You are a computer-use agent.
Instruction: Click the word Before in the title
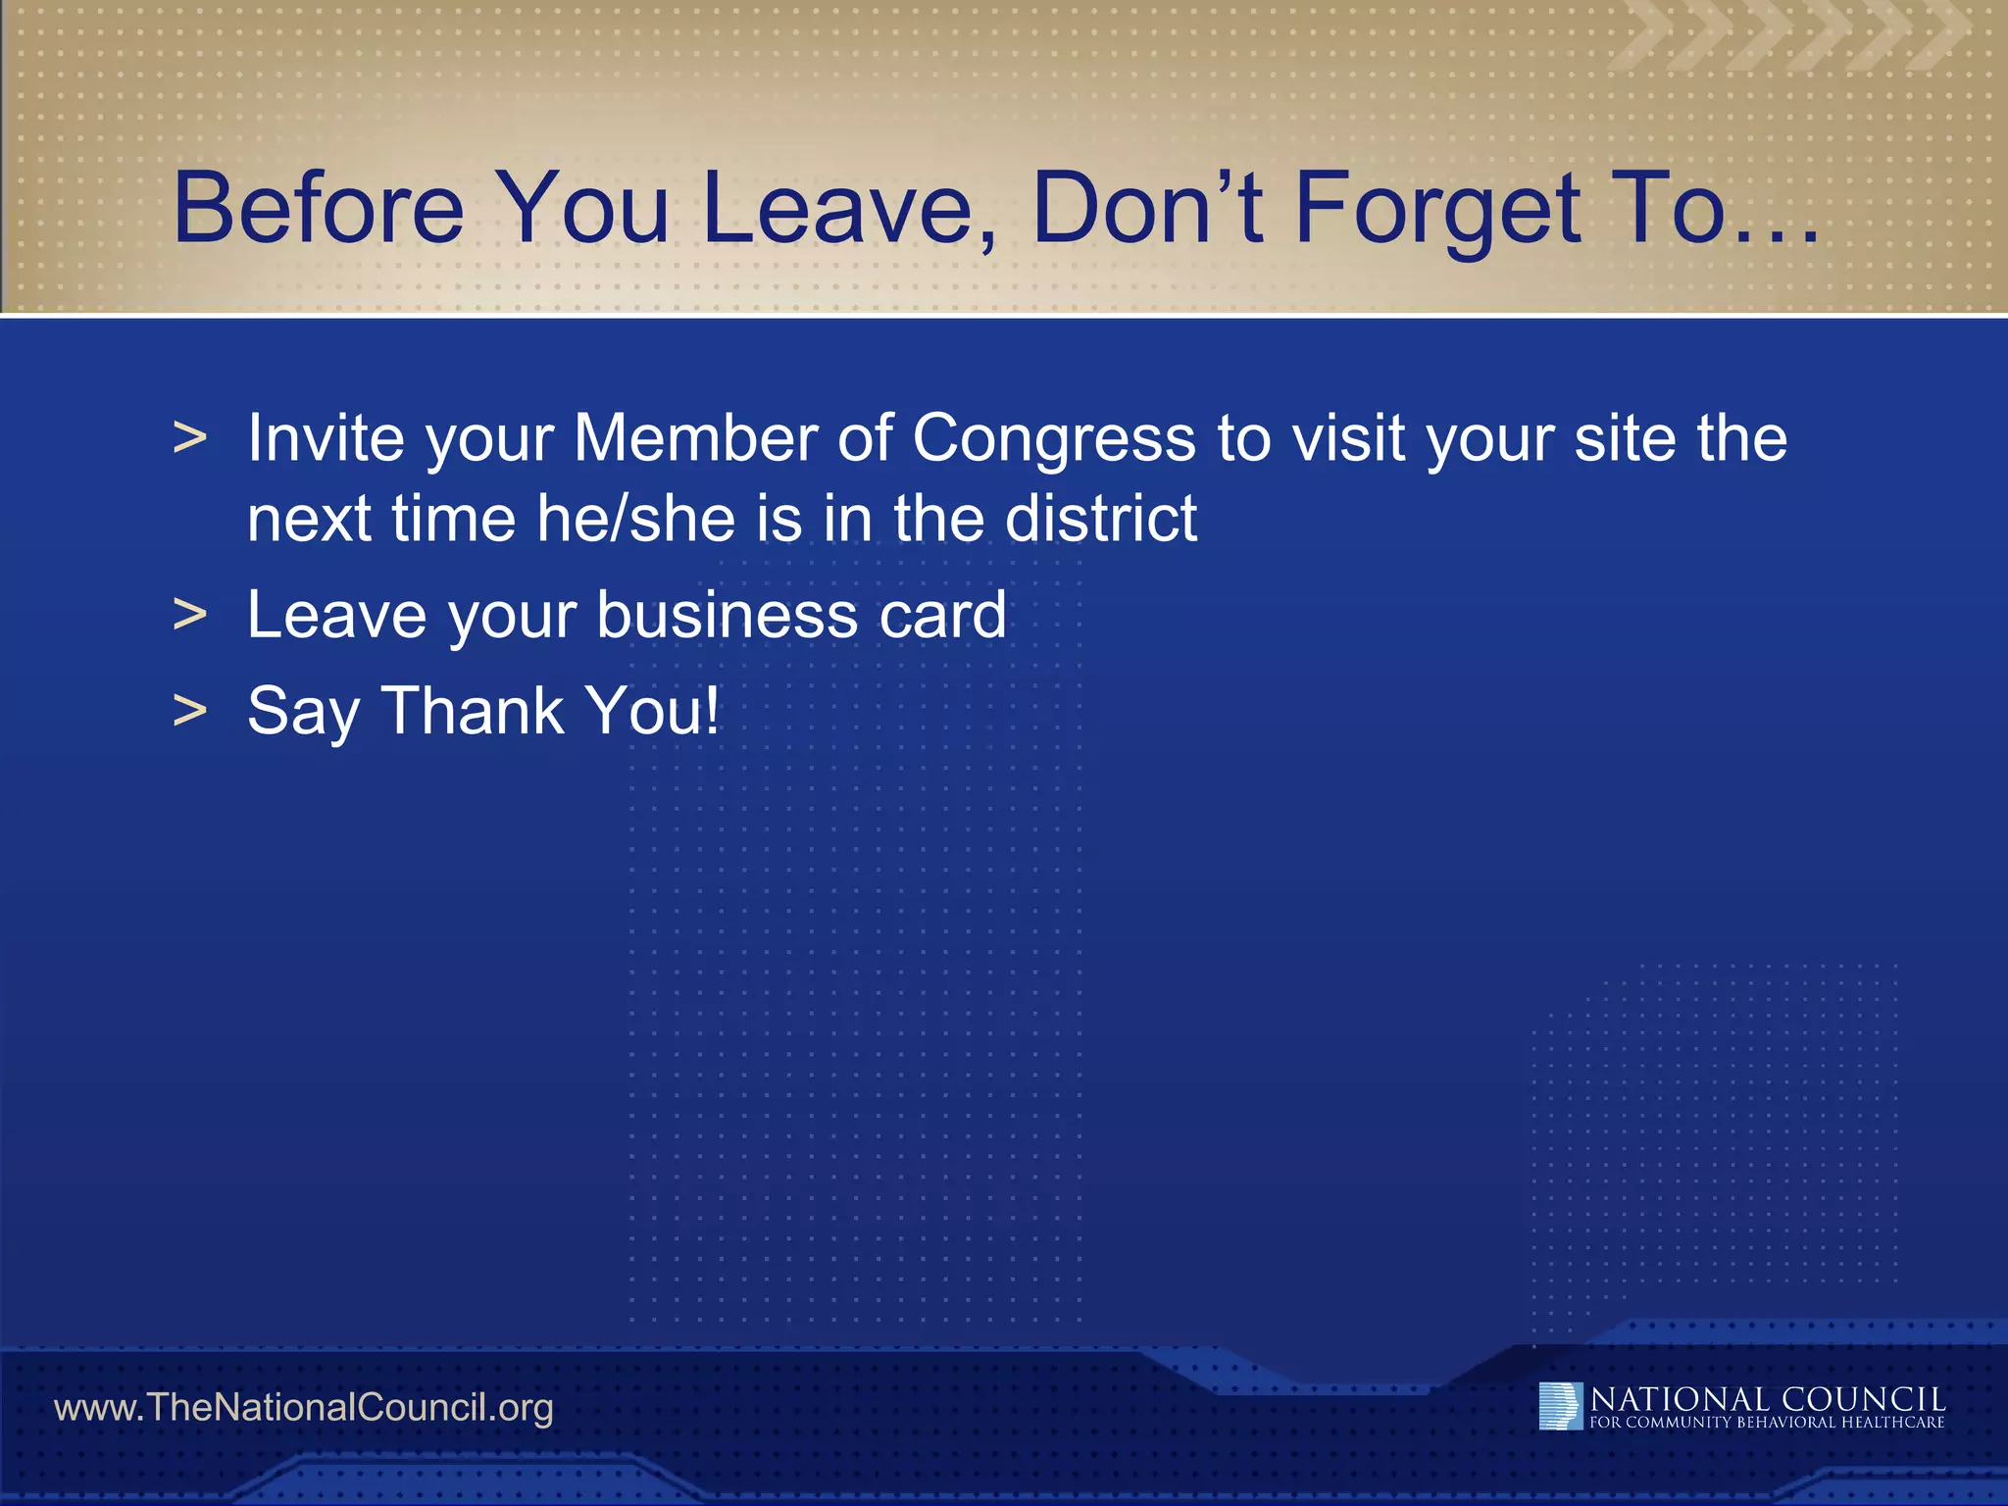pyautogui.click(x=318, y=208)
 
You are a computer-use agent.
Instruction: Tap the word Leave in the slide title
pyautogui.click(x=849, y=208)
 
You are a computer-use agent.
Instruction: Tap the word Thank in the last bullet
pyautogui.click(x=471, y=711)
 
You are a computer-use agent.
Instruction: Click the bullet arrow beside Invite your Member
pyautogui.click(x=189, y=439)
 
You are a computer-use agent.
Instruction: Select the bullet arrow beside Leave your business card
pyautogui.click(x=189, y=617)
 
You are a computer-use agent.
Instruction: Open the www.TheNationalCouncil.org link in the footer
pyautogui.click(x=303, y=1408)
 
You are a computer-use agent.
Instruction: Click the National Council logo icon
pyautogui.click(x=1560, y=1406)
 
